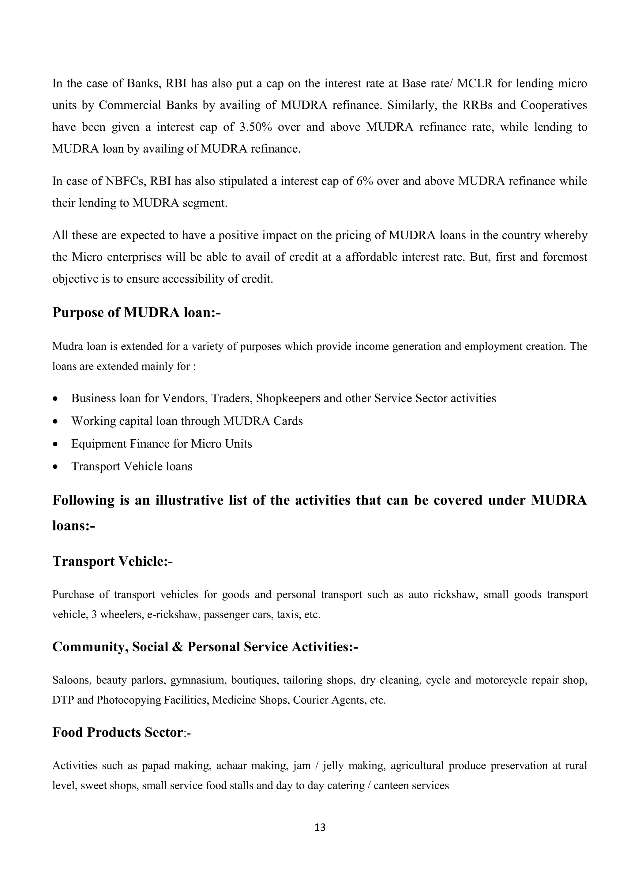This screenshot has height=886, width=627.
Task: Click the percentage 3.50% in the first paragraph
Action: (256, 127)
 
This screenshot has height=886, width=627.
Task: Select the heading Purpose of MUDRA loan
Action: (136, 312)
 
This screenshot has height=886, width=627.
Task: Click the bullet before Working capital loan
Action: (56, 421)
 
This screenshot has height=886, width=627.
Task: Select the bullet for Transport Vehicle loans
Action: (56, 467)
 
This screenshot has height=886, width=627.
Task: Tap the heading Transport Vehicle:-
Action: (112, 561)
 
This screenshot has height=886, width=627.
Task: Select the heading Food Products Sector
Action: (117, 732)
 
